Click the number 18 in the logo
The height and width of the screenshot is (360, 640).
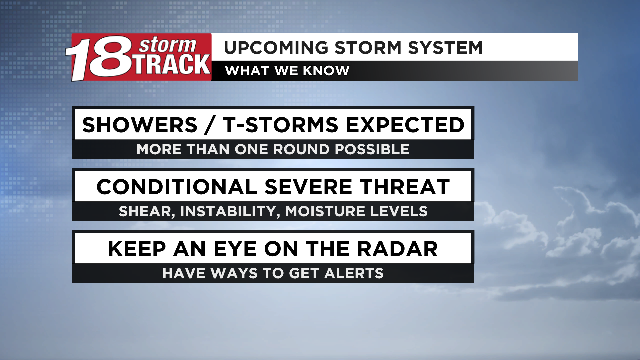coord(100,58)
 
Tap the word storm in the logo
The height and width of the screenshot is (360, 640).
coord(167,45)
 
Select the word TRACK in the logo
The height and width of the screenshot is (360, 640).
coord(172,64)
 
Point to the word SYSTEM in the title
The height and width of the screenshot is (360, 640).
coord(445,48)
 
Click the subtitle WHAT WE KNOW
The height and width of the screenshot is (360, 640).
coord(287,71)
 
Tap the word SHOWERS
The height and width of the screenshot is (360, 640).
coord(140,125)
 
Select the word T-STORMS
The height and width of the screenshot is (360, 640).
coord(281,125)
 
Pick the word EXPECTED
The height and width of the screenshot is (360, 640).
coord(405,125)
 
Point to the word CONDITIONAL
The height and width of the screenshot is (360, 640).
coord(177,187)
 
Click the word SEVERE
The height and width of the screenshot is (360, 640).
coord(308,187)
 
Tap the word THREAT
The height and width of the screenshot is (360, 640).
coord(405,187)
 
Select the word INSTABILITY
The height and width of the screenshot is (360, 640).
coord(228,211)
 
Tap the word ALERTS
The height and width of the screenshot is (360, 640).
coord(354,273)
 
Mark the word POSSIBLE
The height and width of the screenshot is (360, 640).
coord(372,149)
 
